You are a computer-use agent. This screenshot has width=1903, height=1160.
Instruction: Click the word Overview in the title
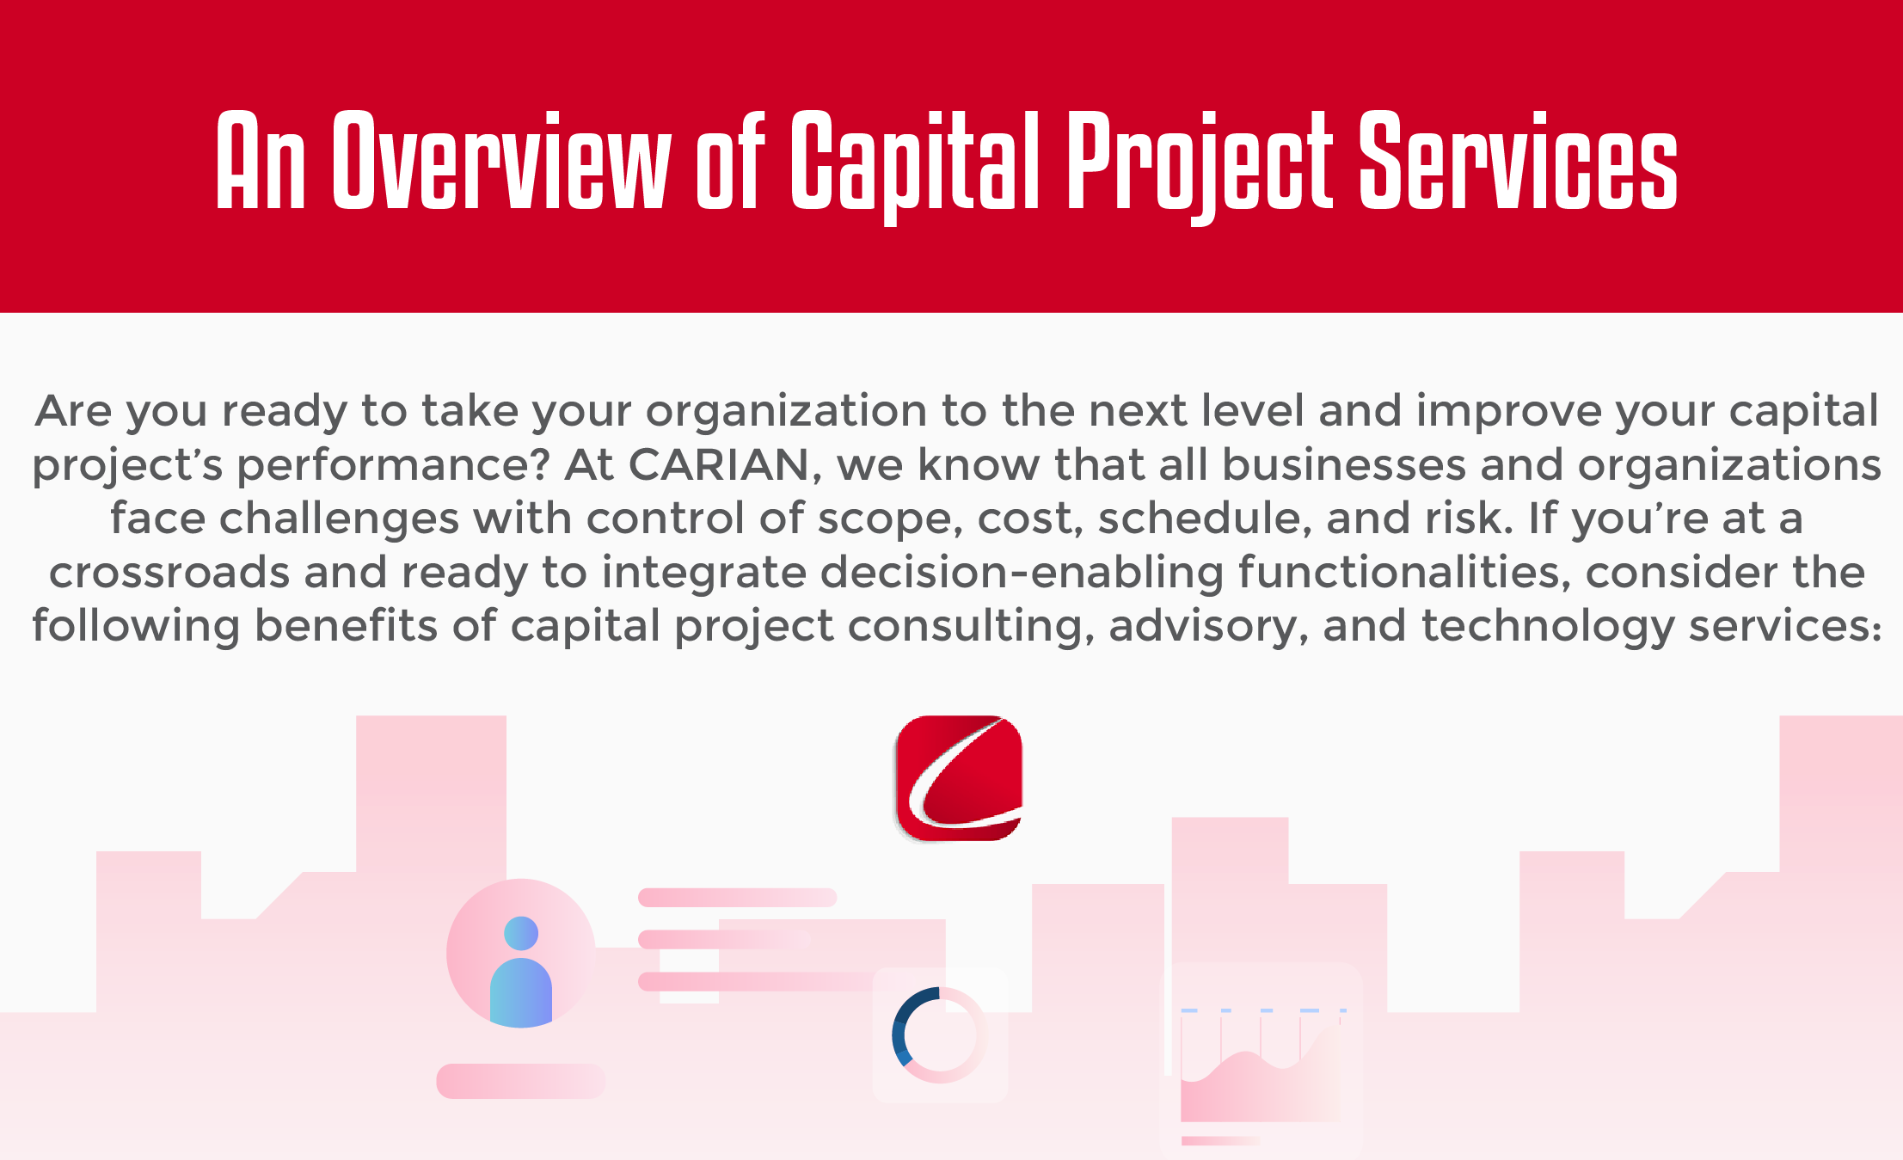(x=500, y=161)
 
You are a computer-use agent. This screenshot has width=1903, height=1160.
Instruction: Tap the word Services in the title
(x=1519, y=161)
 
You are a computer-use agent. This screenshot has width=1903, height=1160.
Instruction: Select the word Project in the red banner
(x=1200, y=168)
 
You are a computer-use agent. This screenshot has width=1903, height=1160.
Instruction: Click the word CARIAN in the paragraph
(x=719, y=464)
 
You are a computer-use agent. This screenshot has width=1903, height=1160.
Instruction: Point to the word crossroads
(x=169, y=573)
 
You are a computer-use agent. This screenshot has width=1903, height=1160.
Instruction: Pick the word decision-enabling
(x=912, y=573)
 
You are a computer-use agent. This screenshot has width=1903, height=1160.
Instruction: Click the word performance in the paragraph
(x=392, y=466)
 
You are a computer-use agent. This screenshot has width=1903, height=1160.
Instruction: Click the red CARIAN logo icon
(x=959, y=778)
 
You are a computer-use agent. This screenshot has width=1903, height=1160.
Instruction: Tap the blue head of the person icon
(x=521, y=933)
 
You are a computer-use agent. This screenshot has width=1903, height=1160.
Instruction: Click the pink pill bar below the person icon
(x=521, y=1081)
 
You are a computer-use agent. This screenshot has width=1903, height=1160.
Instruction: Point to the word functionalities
(x=1404, y=573)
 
